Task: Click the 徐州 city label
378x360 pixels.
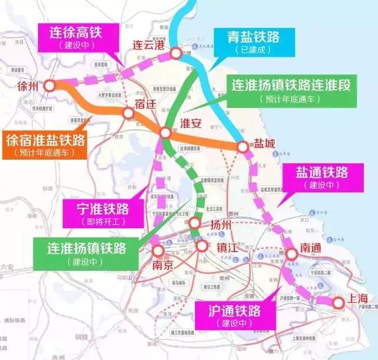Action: point(28,86)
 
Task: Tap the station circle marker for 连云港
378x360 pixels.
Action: point(176,54)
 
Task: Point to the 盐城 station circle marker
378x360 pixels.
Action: point(242,147)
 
